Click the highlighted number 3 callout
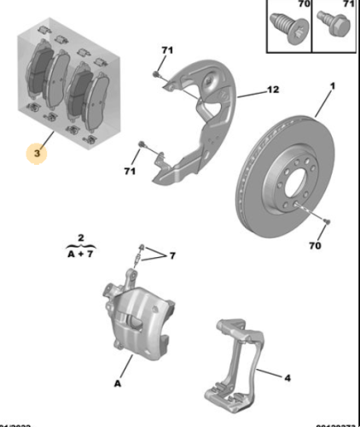pyautogui.click(x=37, y=155)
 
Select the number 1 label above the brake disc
pyautogui.click(x=334, y=85)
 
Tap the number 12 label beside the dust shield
pyautogui.click(x=273, y=90)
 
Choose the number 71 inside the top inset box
pyautogui.click(x=347, y=5)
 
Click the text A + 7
pyautogui.click(x=78, y=254)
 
